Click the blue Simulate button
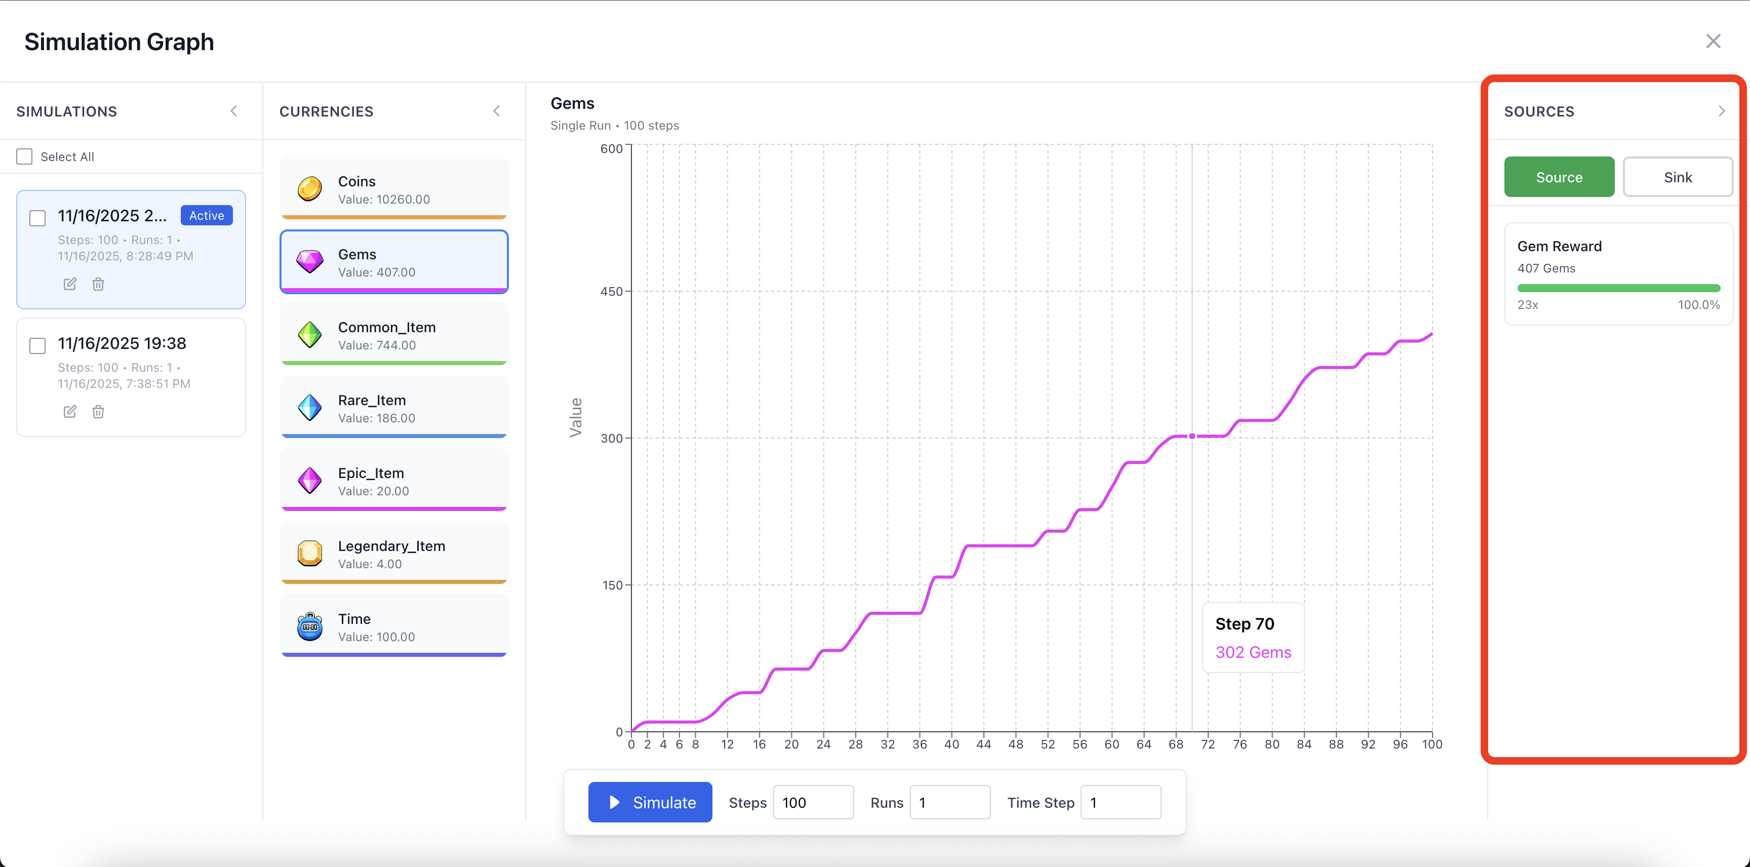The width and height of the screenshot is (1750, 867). pos(650,803)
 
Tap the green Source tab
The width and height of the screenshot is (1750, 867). pos(1559,177)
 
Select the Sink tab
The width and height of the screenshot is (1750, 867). pos(1677,177)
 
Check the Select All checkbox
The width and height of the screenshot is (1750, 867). pos(24,157)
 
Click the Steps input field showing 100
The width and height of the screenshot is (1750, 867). pos(813,803)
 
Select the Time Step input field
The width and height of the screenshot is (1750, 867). pos(1120,803)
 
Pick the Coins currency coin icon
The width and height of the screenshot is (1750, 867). pos(310,189)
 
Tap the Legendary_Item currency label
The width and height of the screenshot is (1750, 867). pos(391,546)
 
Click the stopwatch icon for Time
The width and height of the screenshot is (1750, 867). pos(310,626)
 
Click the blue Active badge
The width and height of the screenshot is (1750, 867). pos(207,215)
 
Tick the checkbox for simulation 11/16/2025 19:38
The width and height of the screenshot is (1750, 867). pos(37,346)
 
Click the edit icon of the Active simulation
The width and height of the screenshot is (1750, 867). pos(70,284)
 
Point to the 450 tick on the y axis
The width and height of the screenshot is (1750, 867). pos(611,292)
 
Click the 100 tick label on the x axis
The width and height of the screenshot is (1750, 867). pos(1431,744)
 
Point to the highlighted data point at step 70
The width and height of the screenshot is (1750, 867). pos(1191,436)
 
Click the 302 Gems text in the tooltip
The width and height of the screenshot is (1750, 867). pos(1253,652)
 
